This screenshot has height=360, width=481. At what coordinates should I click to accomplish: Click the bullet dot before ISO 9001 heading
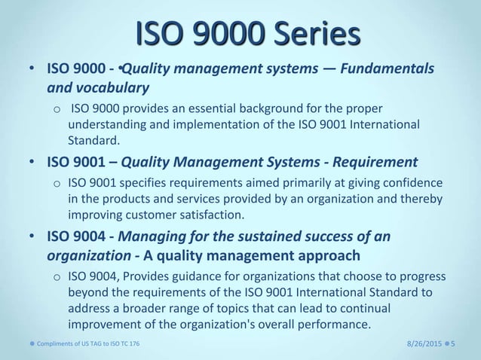tap(31, 161)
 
